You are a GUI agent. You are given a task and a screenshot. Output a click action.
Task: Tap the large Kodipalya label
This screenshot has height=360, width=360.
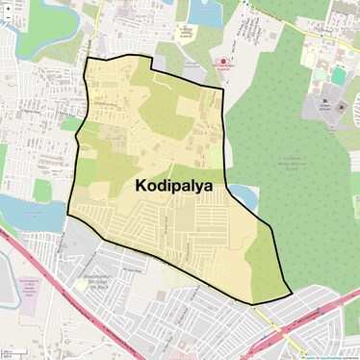(173, 185)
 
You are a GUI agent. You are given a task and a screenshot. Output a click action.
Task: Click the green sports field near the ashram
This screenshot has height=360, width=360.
(338, 74)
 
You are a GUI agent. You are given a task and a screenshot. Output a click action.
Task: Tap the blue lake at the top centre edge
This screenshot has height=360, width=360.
(203, 12)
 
